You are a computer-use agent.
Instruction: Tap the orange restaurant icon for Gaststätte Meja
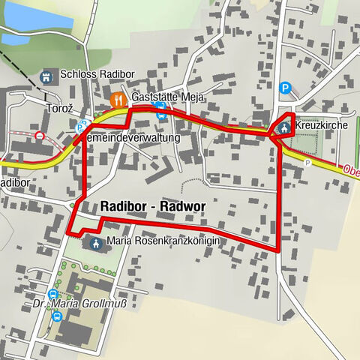(x=117, y=99)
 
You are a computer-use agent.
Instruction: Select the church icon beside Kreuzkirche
(x=284, y=127)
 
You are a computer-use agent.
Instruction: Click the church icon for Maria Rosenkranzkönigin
(x=95, y=242)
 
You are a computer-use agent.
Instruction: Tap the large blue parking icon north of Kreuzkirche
(x=285, y=88)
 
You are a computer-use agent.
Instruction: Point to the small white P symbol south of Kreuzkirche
(x=307, y=162)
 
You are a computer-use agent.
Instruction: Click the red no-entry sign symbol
(x=39, y=136)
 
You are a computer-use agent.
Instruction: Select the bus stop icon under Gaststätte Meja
(x=160, y=112)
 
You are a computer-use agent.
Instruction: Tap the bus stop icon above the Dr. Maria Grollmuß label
(x=52, y=293)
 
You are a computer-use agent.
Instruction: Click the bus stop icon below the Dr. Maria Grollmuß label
(x=57, y=316)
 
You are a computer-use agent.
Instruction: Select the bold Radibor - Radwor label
(x=152, y=206)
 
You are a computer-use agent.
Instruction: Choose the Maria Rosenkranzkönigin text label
(x=163, y=241)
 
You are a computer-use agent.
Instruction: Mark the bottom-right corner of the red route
(x=279, y=247)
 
